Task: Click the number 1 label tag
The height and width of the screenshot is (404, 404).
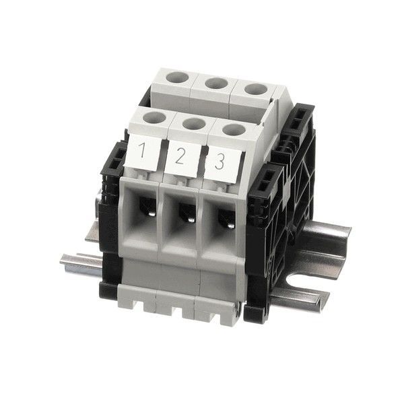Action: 143,153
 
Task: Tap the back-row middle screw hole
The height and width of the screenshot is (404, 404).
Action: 216,83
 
